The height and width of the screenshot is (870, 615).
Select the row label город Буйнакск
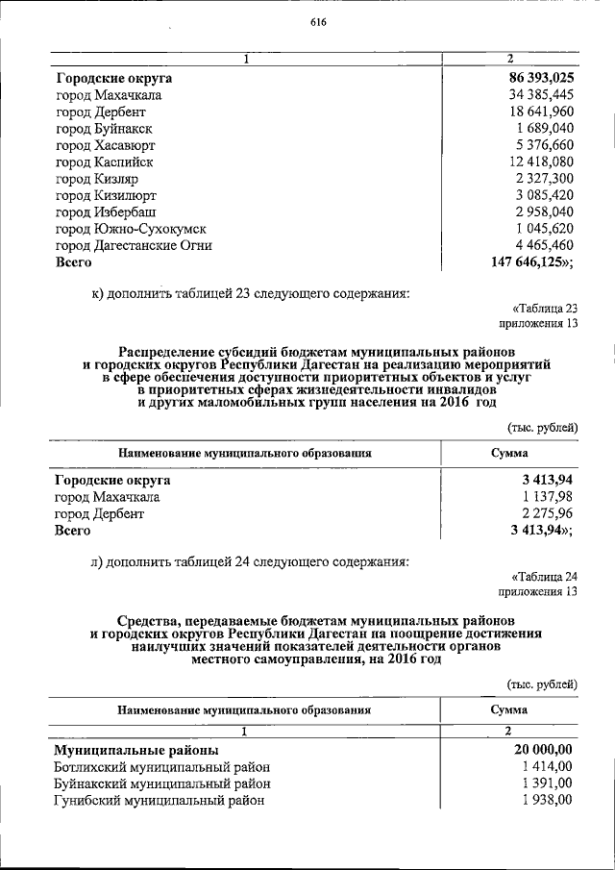(104, 129)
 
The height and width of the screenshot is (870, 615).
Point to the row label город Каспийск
(104, 162)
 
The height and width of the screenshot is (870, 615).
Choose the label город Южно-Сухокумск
(131, 229)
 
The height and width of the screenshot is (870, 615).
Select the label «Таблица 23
(545, 309)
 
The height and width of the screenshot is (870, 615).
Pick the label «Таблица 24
(545, 577)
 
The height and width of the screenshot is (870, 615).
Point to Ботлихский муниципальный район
(161, 767)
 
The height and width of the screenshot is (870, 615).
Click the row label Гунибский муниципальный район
(159, 800)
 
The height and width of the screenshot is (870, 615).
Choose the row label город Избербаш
(106, 211)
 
